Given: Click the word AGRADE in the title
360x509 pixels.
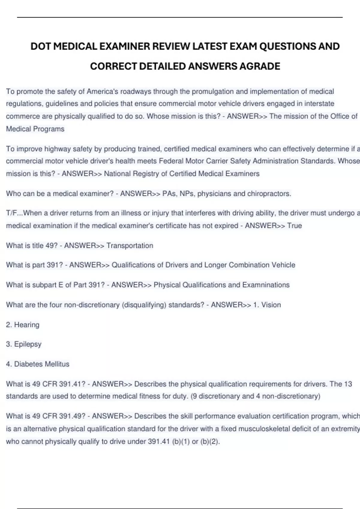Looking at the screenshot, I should (x=259, y=66).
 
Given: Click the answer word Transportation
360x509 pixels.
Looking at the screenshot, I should (x=130, y=246).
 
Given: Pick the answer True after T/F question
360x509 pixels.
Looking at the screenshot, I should (x=294, y=225).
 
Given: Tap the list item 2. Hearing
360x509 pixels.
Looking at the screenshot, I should (x=23, y=325).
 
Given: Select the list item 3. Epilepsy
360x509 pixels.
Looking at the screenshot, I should (x=24, y=344).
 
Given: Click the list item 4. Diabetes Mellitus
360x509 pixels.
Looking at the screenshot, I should (x=38, y=364).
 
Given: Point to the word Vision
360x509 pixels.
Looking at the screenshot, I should (x=271, y=305).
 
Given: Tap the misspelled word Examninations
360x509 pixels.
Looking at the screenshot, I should (x=266, y=285).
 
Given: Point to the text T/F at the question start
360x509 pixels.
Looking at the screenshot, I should (x=10, y=213).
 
